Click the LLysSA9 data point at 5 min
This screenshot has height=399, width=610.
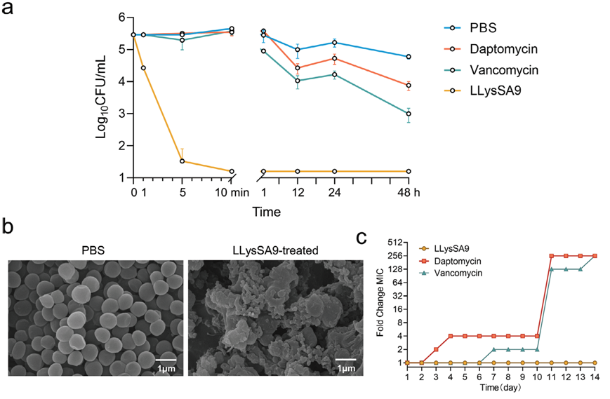pos(183,161)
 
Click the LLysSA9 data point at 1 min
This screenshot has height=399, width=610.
pos(143,68)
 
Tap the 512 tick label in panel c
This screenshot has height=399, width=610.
pos(391,243)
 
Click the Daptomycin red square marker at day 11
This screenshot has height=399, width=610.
pos(552,256)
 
